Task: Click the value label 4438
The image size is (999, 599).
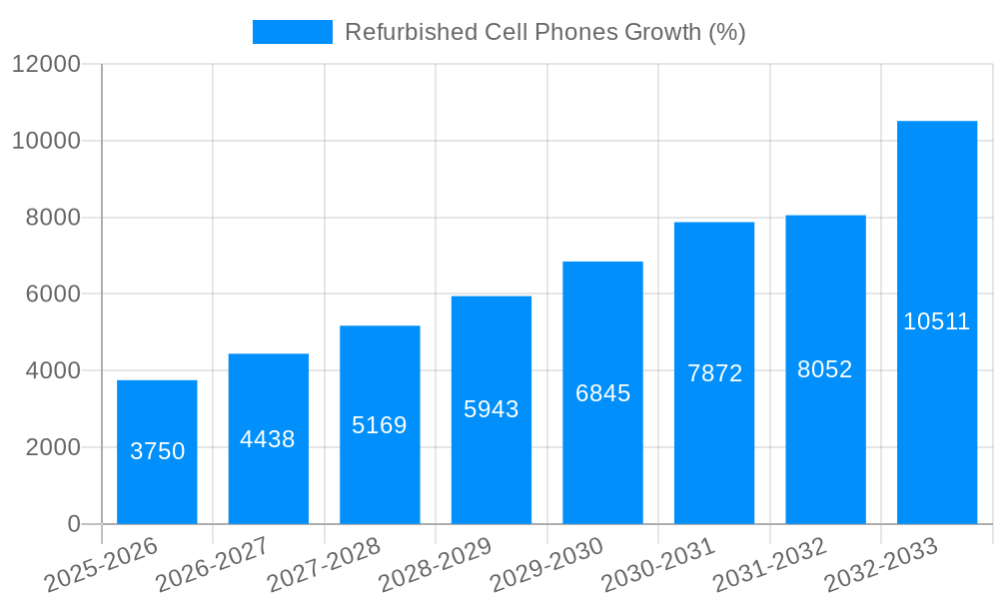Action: coord(268,439)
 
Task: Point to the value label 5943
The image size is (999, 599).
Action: coord(492,409)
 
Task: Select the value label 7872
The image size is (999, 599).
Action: coord(714,373)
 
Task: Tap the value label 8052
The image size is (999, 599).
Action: coord(825,369)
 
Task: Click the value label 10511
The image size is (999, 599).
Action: coord(936,321)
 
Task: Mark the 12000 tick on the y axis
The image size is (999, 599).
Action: coord(46,64)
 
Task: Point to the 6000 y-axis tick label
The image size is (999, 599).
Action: coord(53,295)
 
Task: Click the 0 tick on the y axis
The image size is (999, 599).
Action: coord(74,524)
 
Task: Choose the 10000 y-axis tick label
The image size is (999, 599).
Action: coord(46,141)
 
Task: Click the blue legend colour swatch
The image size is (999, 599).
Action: coord(292,32)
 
